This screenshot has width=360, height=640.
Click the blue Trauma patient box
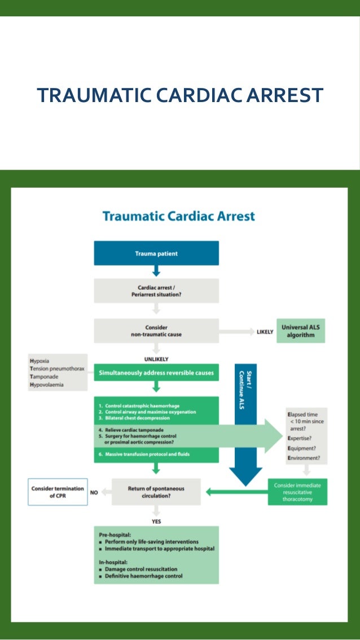point(156,253)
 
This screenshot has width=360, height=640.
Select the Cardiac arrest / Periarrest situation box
point(156,291)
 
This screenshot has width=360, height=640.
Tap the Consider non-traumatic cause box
point(156,331)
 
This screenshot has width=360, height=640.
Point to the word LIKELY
point(265,332)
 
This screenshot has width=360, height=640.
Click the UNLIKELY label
point(157,359)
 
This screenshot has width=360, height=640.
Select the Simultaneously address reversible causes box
point(156,373)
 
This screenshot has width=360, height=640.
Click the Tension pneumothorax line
point(56,369)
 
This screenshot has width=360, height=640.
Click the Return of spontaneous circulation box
point(156,492)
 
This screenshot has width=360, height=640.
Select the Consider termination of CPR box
point(58,492)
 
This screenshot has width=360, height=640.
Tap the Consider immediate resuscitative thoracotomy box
point(297,492)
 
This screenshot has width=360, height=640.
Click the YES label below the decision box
point(156,522)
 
